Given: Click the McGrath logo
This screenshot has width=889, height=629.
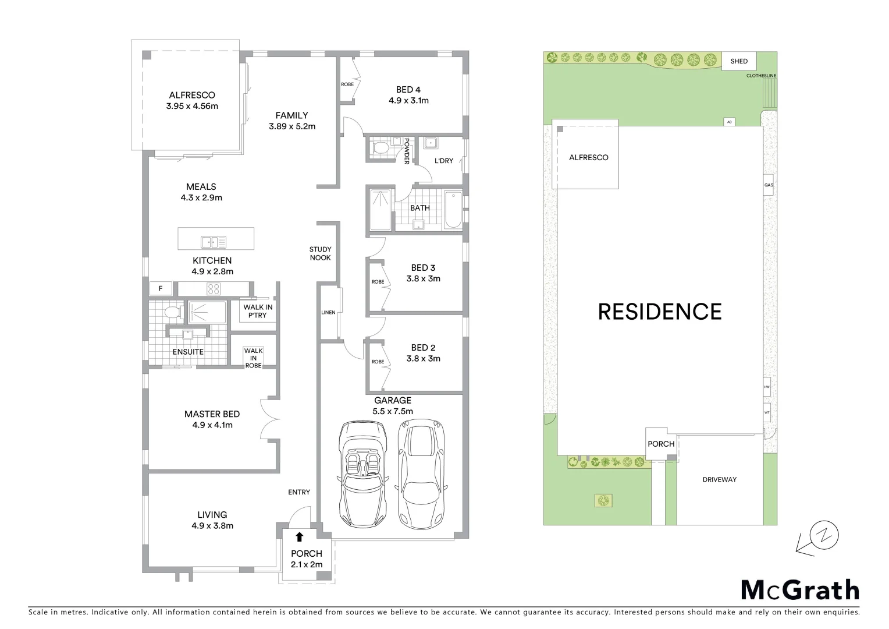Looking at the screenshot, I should click(x=799, y=590).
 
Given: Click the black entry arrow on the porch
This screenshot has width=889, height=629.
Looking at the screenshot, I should click(x=299, y=537).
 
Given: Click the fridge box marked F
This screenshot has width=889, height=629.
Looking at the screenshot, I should click(x=161, y=288).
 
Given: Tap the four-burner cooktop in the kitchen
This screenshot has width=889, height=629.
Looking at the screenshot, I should click(x=214, y=288).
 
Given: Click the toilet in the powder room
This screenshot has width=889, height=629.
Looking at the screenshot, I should click(x=381, y=149).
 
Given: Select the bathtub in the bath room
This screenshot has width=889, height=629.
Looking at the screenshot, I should click(x=453, y=210).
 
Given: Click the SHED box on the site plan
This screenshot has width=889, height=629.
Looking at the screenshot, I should click(x=739, y=61).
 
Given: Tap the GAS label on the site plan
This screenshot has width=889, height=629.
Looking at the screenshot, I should click(x=769, y=185).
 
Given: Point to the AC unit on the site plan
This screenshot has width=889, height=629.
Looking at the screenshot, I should click(x=729, y=122).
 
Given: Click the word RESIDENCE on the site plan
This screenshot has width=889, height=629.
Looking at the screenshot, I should click(x=660, y=312).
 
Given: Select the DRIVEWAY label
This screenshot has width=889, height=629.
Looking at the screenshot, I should click(x=719, y=479).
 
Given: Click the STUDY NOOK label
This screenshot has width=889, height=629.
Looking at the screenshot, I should click(x=320, y=253).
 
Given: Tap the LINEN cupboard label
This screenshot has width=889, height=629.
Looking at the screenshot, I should click(x=328, y=313).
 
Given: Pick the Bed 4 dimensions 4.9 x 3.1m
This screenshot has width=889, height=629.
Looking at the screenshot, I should click(x=408, y=100).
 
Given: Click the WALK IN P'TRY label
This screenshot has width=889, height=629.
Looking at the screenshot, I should click(x=257, y=311).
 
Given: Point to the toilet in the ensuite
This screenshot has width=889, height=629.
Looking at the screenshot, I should click(x=172, y=313).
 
